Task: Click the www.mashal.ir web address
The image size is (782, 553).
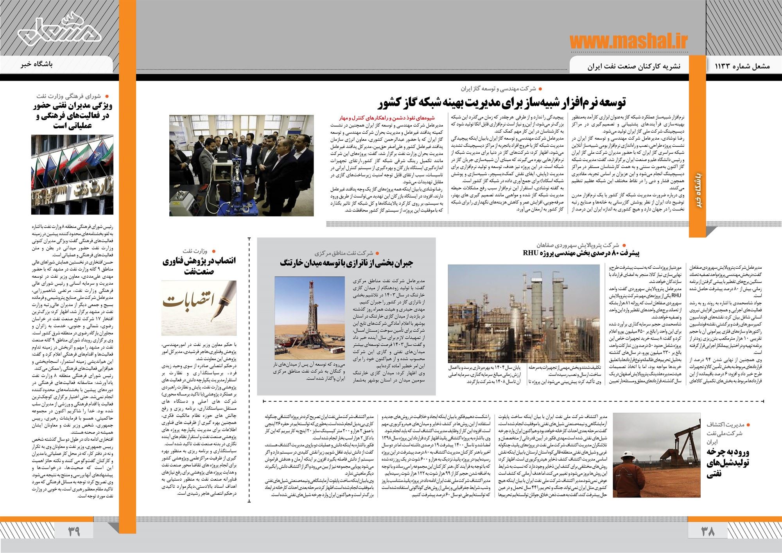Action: (x=628, y=41)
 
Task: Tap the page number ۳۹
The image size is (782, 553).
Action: (x=74, y=531)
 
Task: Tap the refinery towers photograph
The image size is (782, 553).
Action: (x=524, y=313)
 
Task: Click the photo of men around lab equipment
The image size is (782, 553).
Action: (x=241, y=165)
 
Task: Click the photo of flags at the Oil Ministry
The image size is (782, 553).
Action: (x=72, y=175)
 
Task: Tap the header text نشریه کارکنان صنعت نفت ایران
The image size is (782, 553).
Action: (x=634, y=66)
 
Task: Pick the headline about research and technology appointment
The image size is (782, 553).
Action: (x=199, y=265)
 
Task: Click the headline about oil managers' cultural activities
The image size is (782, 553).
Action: (x=72, y=116)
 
